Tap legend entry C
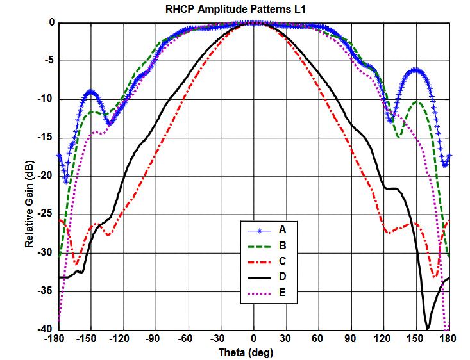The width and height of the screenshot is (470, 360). (x=283, y=262)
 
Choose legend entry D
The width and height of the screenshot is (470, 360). (x=283, y=278)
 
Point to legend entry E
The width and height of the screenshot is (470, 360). (x=283, y=294)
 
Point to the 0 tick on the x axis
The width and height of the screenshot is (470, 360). (x=254, y=338)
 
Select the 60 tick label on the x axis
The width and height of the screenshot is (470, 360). (x=319, y=338)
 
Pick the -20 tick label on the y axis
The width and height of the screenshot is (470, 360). (x=46, y=176)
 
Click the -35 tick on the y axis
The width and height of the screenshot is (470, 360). (x=46, y=291)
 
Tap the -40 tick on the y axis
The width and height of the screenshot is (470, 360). (x=46, y=329)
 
